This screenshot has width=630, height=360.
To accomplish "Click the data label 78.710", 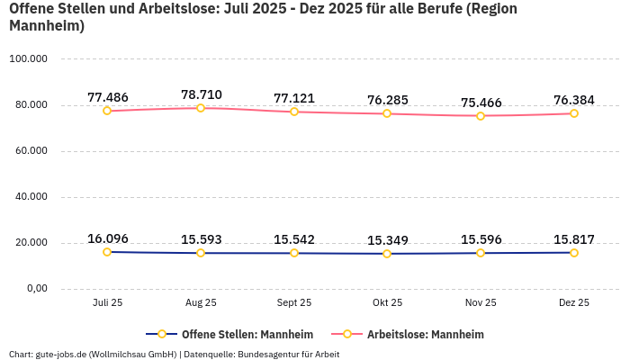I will pyautogui.click(x=201, y=94).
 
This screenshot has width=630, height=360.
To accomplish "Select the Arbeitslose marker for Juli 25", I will pyautogui.click(x=107, y=111).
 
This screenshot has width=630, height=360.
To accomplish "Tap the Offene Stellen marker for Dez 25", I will pyautogui.click(x=574, y=253).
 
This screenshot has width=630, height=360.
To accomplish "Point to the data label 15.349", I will pyautogui.click(x=387, y=240).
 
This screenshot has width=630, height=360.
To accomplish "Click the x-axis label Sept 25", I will pyautogui.click(x=294, y=303).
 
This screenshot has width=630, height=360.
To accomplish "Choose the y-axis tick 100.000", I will pyautogui.click(x=28, y=59).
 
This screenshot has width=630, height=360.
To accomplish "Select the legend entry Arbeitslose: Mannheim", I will pyautogui.click(x=425, y=335).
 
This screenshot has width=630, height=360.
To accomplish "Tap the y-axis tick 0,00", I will pyautogui.click(x=36, y=289).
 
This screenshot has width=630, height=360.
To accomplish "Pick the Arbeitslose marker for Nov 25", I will pyautogui.click(x=481, y=116).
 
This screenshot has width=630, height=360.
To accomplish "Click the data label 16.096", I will pyautogui.click(x=107, y=238).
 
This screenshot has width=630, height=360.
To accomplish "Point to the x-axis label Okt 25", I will pyautogui.click(x=387, y=303).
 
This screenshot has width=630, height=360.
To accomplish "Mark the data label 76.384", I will pyautogui.click(x=574, y=100).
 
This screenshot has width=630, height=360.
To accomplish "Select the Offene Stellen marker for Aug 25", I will pyautogui.click(x=201, y=253).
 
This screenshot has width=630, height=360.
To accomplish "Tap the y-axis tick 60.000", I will pyautogui.click(x=30, y=151).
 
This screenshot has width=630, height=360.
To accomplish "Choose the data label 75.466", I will pyautogui.click(x=481, y=103).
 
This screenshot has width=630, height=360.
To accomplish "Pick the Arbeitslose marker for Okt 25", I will pyautogui.click(x=387, y=113).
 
